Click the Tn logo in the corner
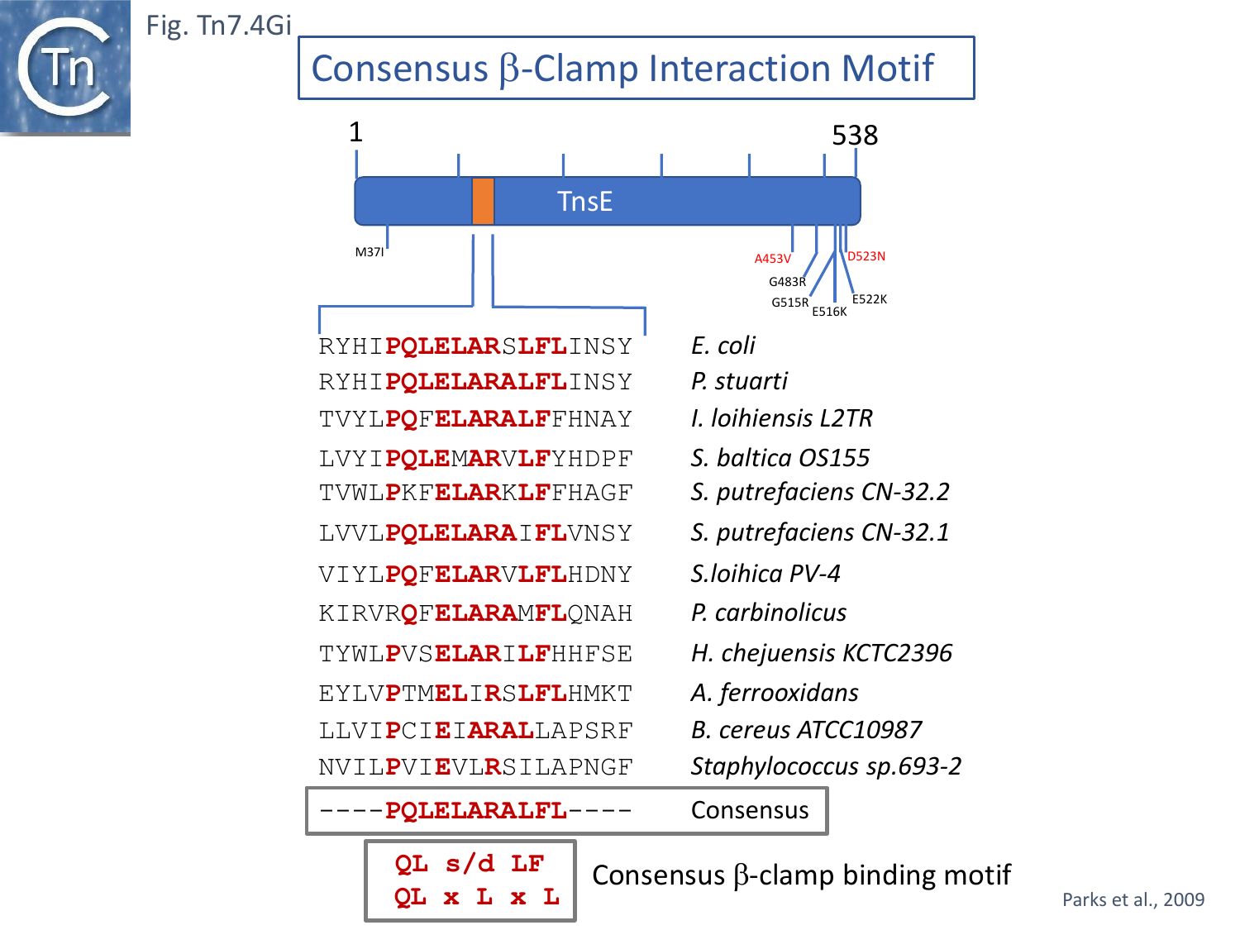click(x=64, y=66)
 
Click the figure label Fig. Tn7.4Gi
click(x=218, y=26)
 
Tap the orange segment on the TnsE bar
click(x=483, y=201)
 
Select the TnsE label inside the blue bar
click(x=584, y=202)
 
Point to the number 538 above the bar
click(x=854, y=135)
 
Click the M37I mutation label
click(x=370, y=252)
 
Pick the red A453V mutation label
click(x=772, y=259)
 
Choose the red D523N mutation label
click(x=866, y=256)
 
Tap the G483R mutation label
click(x=787, y=282)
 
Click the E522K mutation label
click(x=869, y=299)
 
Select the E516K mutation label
click(x=829, y=312)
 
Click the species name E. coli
click(x=723, y=346)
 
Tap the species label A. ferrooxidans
click(x=775, y=693)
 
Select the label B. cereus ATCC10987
click(x=806, y=730)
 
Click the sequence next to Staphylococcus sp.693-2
click(x=475, y=767)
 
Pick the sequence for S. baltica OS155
click(x=475, y=459)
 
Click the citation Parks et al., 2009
click(x=1133, y=899)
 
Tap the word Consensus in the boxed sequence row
click(x=750, y=810)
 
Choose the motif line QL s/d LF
click(x=470, y=864)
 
